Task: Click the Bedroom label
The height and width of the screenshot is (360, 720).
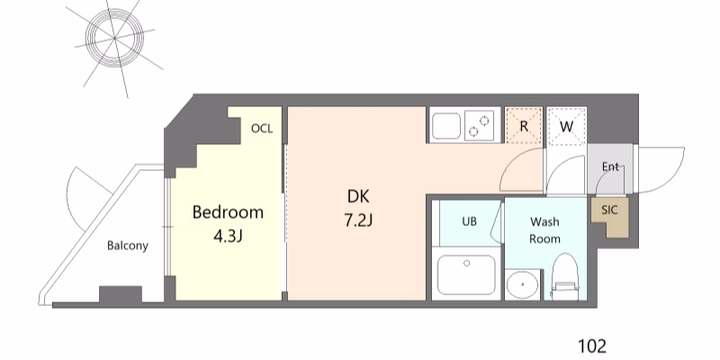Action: pos(228,212)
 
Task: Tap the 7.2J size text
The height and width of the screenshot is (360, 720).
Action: pos(357,220)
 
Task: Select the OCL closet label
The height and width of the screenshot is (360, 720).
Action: pos(262,129)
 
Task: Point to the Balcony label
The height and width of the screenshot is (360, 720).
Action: pos(128,246)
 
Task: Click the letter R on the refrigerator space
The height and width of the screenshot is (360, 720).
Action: pos(524,126)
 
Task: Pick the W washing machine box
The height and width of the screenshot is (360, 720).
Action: pos(567,126)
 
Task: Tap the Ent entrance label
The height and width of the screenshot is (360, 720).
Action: pos(611,166)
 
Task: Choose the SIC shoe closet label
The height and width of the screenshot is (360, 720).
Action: pos(609,210)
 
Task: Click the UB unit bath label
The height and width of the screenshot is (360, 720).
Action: pos(469,221)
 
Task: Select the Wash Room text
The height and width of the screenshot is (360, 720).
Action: pos(545,230)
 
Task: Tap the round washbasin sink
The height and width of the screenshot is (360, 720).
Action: pos(523,284)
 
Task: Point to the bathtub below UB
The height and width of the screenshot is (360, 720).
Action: pos(466,274)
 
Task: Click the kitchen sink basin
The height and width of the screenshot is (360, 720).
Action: pos(445,125)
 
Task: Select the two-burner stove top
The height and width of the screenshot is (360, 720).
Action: pos(481,125)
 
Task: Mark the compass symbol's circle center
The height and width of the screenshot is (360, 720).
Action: pos(114,38)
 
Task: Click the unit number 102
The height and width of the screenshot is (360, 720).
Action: pos(592,346)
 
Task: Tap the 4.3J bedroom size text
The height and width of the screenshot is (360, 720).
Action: pos(228,236)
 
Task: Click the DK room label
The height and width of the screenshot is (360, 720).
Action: pos(358,196)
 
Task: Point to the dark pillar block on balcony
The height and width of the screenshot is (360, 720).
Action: pos(121,294)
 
